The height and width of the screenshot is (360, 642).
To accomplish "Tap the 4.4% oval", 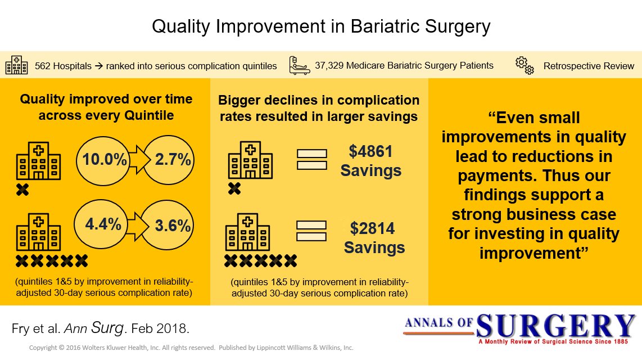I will click(x=103, y=225).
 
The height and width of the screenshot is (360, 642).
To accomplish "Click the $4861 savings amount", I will click(x=370, y=151).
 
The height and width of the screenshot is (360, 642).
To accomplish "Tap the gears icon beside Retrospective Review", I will click(x=525, y=65).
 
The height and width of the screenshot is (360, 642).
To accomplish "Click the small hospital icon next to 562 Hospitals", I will click(x=16, y=65).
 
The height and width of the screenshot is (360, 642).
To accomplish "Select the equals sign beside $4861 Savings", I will click(x=311, y=159).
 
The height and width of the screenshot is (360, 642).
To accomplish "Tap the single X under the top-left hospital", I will click(x=22, y=190).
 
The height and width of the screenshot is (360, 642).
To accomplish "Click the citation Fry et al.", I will click(x=35, y=328).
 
